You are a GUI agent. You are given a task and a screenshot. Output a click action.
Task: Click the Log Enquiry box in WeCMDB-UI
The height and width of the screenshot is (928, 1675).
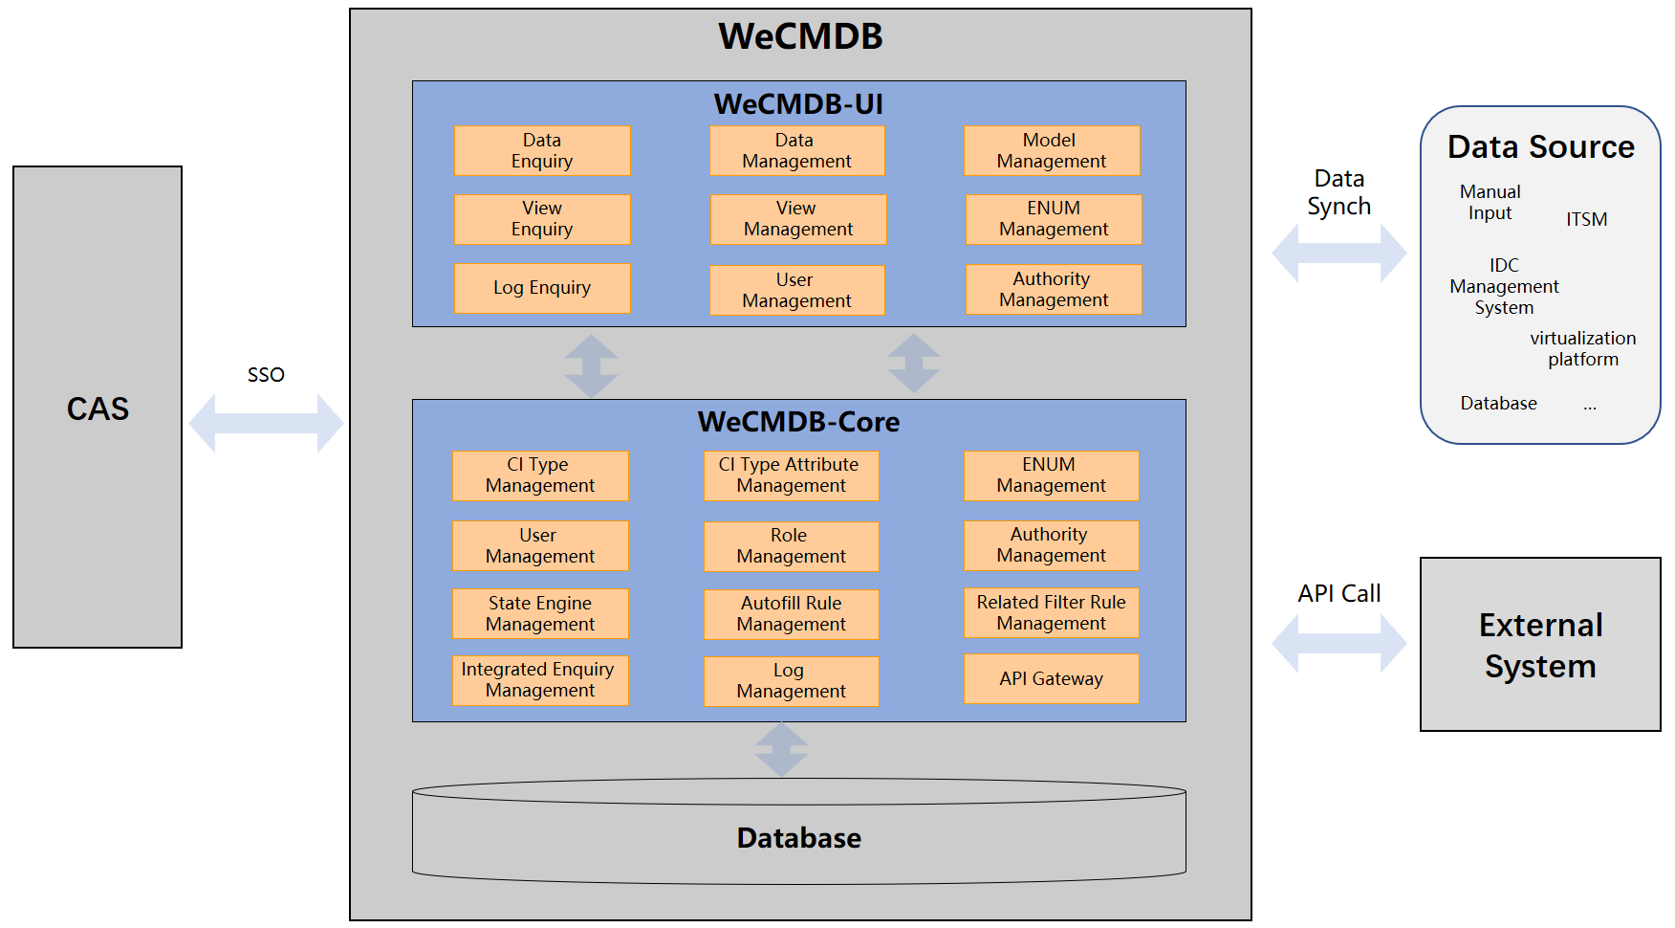tap(542, 288)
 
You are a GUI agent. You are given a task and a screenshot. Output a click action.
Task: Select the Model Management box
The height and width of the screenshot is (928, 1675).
tap(1052, 151)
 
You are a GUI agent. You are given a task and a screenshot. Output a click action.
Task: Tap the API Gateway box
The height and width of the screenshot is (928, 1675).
tap(1051, 679)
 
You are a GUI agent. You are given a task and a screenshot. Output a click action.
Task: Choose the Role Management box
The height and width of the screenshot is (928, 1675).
tap(791, 546)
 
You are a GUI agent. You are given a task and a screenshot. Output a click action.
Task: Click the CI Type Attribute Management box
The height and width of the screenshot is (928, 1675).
tap(791, 475)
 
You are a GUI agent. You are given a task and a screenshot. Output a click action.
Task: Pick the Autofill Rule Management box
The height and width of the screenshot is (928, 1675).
tap(791, 614)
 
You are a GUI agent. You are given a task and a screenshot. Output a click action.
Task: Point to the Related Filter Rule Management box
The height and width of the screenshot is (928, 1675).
tap(1051, 613)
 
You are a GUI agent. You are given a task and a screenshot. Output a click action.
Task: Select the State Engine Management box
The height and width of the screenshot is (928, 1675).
tap(540, 614)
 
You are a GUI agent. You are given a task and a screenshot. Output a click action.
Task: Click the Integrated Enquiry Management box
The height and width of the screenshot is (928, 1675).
tap(540, 680)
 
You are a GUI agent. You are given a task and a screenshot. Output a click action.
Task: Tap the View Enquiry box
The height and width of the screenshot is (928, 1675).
tap(542, 219)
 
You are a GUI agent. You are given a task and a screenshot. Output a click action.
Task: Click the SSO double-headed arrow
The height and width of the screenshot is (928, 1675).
tap(266, 423)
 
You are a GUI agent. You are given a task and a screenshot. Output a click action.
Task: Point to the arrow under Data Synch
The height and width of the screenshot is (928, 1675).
tap(1338, 254)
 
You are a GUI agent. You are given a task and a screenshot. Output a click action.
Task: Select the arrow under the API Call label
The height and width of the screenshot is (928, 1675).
tap(1338, 643)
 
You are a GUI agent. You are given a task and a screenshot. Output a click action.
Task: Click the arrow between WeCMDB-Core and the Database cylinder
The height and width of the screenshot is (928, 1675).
tap(782, 750)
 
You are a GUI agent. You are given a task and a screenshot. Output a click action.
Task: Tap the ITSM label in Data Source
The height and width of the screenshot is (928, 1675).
tap(1586, 219)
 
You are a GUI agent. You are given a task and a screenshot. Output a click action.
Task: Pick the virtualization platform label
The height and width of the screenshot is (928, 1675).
tap(1582, 349)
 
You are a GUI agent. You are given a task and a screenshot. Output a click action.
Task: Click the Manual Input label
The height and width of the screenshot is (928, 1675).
tap(1490, 203)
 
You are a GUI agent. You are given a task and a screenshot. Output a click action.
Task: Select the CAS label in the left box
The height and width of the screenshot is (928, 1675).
tap(98, 409)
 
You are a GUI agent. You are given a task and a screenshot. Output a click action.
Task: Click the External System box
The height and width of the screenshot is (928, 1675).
tap(1539, 645)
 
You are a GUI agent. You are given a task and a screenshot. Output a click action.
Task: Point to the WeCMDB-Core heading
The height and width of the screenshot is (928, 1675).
tap(798, 422)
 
